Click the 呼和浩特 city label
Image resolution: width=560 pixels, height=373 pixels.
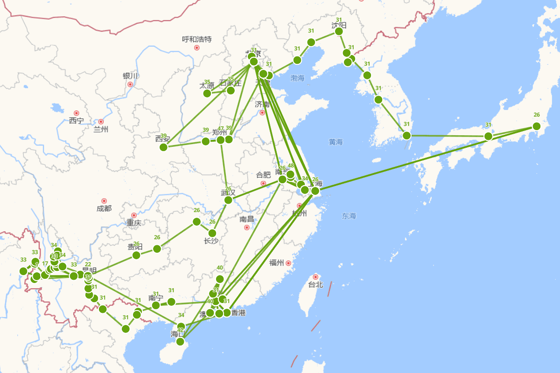196,39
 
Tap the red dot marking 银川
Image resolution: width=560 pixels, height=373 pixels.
130,84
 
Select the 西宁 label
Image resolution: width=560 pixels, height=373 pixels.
76,121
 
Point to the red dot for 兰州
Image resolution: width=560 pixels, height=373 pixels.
101,122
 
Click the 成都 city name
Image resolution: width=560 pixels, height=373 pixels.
104,208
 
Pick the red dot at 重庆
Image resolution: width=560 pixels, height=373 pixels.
134,215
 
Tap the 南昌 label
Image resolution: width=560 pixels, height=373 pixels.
247,219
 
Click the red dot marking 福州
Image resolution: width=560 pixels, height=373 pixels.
288,263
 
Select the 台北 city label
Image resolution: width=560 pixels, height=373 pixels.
315,284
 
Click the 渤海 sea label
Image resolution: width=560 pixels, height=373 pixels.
297,78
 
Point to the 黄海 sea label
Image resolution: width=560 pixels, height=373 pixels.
336,142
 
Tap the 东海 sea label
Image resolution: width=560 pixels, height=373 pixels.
349,216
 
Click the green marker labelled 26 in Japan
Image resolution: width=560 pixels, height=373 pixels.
537,126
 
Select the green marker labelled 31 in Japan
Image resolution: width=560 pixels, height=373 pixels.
488,136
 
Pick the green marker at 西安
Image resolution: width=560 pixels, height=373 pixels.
163,147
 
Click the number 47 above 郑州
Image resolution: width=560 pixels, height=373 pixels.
221,128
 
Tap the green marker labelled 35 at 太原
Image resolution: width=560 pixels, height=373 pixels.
207,93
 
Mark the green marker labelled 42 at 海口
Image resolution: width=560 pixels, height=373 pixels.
180,342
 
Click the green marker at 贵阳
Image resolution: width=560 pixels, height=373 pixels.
136,255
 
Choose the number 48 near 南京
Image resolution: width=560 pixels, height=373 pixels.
291,166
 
